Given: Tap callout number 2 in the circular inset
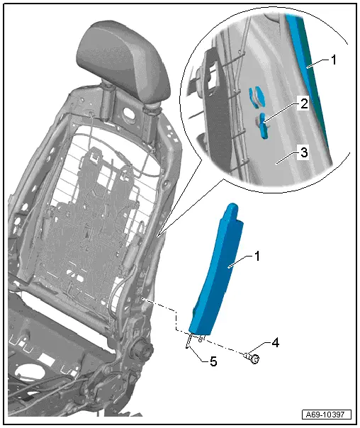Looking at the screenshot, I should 303,104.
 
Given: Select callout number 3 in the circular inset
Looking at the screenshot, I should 303,152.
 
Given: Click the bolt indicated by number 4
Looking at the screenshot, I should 252,357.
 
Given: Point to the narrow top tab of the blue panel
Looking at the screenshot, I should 231,212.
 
